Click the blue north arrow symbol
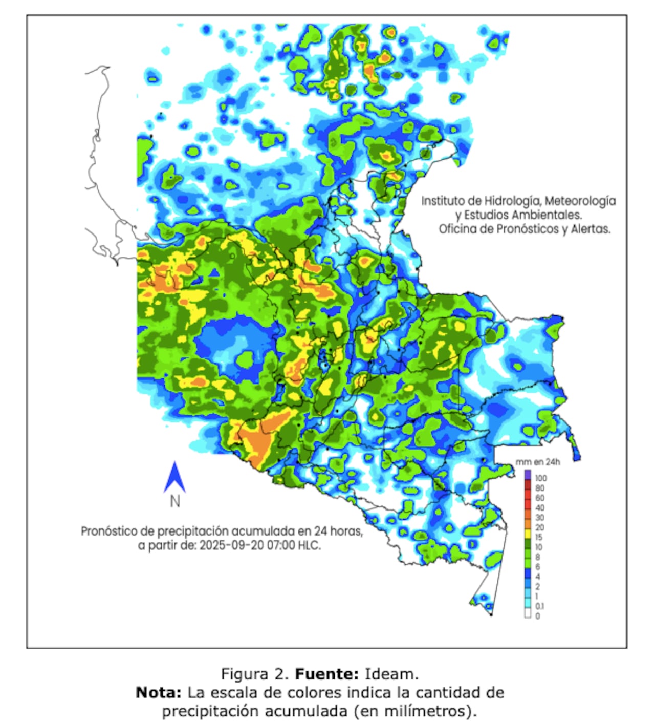174,477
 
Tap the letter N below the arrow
175,501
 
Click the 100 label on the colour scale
541,478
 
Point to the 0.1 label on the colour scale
540,606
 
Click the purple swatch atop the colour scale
528,475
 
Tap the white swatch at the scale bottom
528,615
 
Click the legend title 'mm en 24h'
537,462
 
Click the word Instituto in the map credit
442,201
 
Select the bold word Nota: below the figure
158,693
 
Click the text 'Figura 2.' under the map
255,673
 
